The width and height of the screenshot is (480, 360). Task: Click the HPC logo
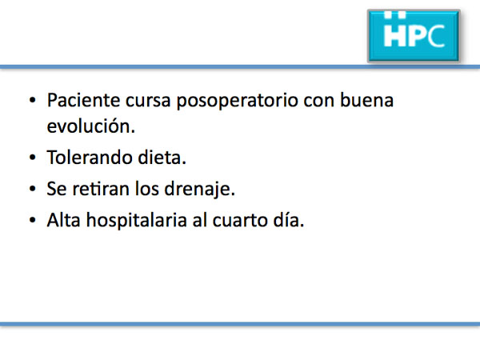click(x=414, y=35)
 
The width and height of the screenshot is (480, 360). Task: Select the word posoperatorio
click(x=238, y=101)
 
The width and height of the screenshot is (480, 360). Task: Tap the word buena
click(x=366, y=100)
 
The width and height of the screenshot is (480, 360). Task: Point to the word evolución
click(x=91, y=126)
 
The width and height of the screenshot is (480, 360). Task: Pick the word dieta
click(x=162, y=157)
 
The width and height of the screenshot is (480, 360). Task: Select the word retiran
click(x=101, y=188)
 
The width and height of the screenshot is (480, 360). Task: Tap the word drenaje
click(x=199, y=189)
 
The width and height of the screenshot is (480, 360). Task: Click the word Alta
click(x=64, y=219)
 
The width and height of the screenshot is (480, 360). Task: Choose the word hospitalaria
click(x=137, y=220)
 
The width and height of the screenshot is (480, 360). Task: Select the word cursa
click(x=148, y=101)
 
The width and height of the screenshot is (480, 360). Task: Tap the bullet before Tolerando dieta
click(x=33, y=158)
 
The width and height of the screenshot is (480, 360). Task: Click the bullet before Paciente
click(x=33, y=101)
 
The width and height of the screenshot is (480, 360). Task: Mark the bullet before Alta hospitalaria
click(x=33, y=220)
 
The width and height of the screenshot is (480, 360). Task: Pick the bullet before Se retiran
click(x=33, y=189)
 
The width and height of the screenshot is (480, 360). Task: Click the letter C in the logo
click(x=436, y=36)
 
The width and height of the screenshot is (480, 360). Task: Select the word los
click(x=147, y=188)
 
